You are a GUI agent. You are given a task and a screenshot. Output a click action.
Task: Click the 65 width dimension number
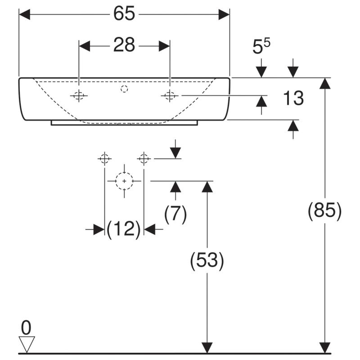tap(124, 14)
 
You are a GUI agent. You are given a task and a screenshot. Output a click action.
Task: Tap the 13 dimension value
tap(293, 98)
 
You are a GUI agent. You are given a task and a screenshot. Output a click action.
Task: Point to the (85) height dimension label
tap(324, 211)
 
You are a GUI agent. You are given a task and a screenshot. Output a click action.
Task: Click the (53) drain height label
tap(207, 261)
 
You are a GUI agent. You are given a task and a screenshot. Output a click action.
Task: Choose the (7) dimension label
tap(175, 214)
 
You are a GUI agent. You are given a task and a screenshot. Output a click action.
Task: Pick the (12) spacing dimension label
tap(124, 229)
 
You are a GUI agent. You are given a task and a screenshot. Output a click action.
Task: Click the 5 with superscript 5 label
tap(261, 47)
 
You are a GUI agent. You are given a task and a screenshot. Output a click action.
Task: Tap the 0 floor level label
tap(26, 328)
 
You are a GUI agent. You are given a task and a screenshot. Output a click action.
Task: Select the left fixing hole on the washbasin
tap(79, 95)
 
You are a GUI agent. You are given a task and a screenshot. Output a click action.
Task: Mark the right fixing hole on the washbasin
tap(170, 95)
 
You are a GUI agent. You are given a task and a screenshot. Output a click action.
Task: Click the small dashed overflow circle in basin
tap(124, 89)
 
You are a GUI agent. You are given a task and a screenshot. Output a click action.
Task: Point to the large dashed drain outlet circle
tap(124, 181)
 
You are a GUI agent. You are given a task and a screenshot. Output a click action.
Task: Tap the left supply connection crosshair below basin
tap(105, 159)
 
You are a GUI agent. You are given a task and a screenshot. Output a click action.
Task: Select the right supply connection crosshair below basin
tap(144, 159)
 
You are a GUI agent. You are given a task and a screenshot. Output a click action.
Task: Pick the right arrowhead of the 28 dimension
tap(164, 46)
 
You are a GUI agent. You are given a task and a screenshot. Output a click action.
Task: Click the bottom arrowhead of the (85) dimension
tap(324, 347)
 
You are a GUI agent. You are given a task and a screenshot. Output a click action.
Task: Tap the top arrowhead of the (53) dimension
tap(207, 187)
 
